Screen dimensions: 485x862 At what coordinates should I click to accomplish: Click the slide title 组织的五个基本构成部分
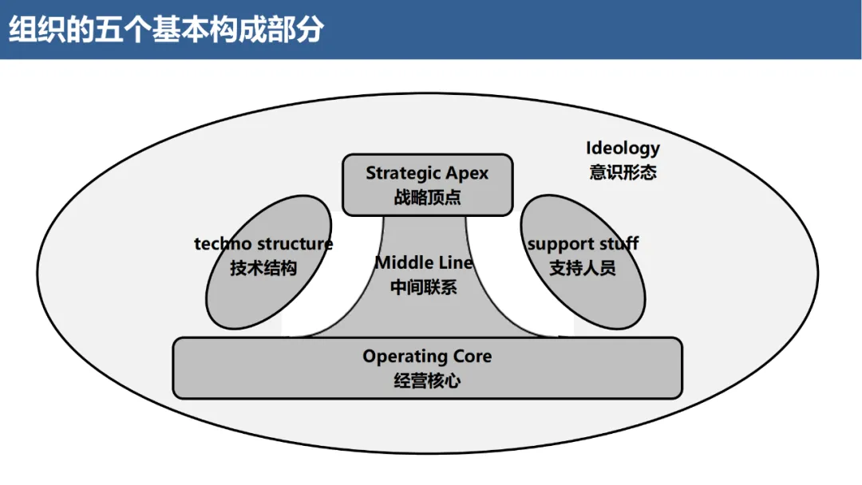[167, 29]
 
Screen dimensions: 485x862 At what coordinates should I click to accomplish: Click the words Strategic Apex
[427, 173]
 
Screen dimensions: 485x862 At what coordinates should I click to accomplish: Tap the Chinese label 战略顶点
[427, 197]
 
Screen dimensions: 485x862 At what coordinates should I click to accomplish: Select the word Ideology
[623, 148]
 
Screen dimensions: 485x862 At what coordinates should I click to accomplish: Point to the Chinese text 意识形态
[623, 172]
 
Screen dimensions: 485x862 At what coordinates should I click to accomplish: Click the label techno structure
[263, 244]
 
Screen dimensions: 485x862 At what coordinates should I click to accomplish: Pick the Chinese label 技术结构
[263, 268]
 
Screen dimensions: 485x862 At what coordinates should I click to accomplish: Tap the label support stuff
[583, 244]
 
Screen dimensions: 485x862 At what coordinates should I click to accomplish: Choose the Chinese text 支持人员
[583, 268]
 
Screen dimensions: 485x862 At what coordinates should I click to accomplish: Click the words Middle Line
[424, 262]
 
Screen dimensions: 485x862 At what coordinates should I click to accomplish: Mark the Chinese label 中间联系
[424, 287]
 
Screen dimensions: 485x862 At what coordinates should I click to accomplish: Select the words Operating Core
[427, 357]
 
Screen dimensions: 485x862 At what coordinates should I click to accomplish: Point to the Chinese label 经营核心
[427, 381]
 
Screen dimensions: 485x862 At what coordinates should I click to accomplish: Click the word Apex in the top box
[467, 173]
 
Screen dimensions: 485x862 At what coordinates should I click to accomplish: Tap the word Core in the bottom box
[473, 357]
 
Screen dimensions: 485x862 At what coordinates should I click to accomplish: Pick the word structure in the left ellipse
[295, 244]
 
